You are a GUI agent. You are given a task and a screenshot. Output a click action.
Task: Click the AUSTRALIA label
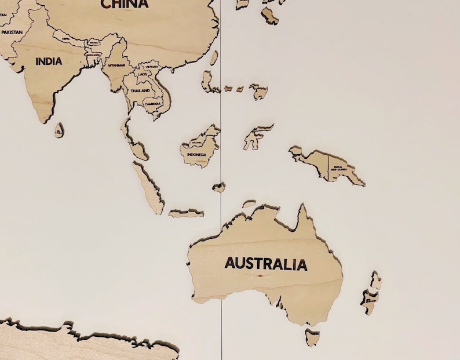pos(266,264)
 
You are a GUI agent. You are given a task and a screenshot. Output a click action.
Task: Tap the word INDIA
pos(49,61)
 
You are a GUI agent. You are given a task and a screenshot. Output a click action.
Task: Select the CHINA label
pos(125,4)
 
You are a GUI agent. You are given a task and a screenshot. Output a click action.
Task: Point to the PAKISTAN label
pos(12,32)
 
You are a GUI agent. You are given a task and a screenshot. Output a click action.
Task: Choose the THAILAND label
pos(140,91)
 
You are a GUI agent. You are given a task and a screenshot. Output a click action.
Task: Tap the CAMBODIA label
pos(154,103)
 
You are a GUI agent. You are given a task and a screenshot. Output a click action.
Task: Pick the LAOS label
pos(143,74)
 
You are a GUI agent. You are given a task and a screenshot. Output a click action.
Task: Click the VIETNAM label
pos(152,67)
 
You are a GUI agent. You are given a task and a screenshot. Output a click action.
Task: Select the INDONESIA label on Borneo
pos(196,154)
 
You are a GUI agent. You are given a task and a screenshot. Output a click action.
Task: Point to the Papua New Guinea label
pos(342,168)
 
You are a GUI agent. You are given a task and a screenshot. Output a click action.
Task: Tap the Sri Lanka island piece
pos(59,130)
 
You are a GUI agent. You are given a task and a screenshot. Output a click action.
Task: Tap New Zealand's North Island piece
pos(376,281)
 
